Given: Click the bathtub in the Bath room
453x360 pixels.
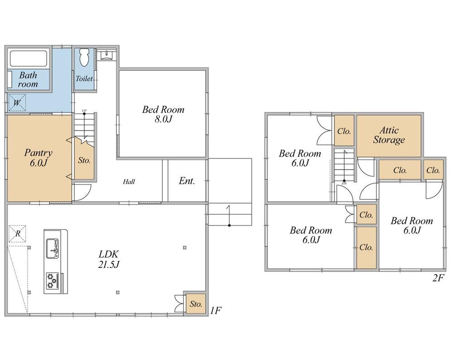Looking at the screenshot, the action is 28,58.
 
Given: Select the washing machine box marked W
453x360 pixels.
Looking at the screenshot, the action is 17,102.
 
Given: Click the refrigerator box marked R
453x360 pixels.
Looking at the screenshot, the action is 17,234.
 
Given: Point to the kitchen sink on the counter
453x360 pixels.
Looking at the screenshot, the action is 53,248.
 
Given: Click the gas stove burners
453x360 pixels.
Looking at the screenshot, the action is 53,281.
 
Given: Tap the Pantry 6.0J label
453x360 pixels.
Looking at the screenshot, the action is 38,158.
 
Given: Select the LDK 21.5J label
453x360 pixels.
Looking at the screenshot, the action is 109,259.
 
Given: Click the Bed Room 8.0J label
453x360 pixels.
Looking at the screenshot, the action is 163,114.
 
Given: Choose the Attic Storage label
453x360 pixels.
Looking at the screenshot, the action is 389,135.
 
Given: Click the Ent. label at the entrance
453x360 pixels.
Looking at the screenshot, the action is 187,181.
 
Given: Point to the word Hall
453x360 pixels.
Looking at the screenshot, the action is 129,182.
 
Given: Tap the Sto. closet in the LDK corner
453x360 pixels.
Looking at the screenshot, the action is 196,304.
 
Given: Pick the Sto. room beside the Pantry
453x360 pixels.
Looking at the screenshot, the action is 84,160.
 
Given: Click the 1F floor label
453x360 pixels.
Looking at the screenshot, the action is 216,311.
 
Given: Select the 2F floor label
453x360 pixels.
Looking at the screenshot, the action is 438,278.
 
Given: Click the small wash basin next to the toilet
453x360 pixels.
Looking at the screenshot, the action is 107,55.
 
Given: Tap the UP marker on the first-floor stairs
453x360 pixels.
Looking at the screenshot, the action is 84,111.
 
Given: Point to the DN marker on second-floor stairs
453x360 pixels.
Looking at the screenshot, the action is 344,183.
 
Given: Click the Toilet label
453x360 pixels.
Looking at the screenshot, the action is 84,78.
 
